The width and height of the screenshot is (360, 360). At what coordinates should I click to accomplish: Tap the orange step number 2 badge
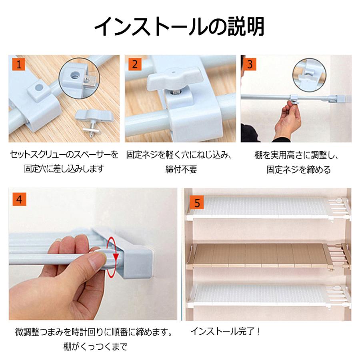tap(135, 64)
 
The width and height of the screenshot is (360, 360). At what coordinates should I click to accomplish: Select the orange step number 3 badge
tap(250, 64)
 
